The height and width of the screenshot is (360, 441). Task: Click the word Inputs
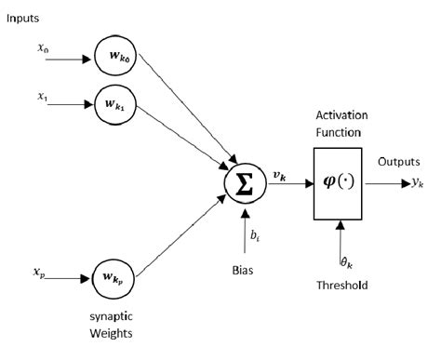pyautogui.click(x=24, y=17)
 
